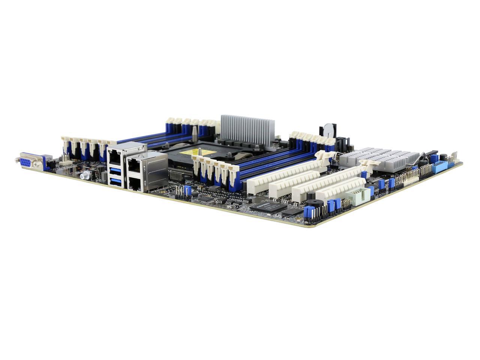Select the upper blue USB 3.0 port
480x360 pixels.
[114, 171]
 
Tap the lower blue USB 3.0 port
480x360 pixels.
[115, 183]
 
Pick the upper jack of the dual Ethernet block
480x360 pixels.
[134, 164]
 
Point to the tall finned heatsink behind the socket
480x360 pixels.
[247, 128]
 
